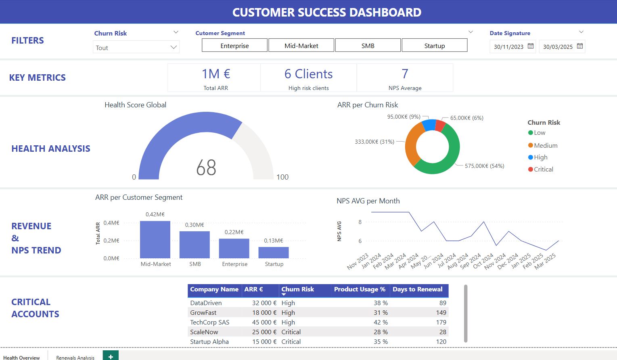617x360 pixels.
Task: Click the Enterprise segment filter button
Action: coord(234,46)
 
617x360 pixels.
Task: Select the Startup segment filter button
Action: coord(434,46)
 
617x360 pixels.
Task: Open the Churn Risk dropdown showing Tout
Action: coord(136,48)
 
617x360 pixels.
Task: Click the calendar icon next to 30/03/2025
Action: coord(580,46)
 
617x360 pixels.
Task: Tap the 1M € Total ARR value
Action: coord(215,74)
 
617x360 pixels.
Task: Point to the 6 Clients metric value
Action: coord(308,74)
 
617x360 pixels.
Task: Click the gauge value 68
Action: coord(206,167)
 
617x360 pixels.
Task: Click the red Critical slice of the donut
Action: coord(441,126)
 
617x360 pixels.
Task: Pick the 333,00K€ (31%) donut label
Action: coord(374,142)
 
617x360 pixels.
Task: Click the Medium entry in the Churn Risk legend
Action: coord(545,145)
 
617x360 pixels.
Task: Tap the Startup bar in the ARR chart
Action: coord(274,252)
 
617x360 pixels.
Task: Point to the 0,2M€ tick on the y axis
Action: coord(111,241)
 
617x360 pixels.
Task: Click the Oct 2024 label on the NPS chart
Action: coord(483,261)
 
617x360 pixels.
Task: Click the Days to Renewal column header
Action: coord(417,289)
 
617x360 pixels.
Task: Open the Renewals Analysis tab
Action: coord(75,357)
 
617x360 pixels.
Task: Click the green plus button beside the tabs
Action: coord(111,356)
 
